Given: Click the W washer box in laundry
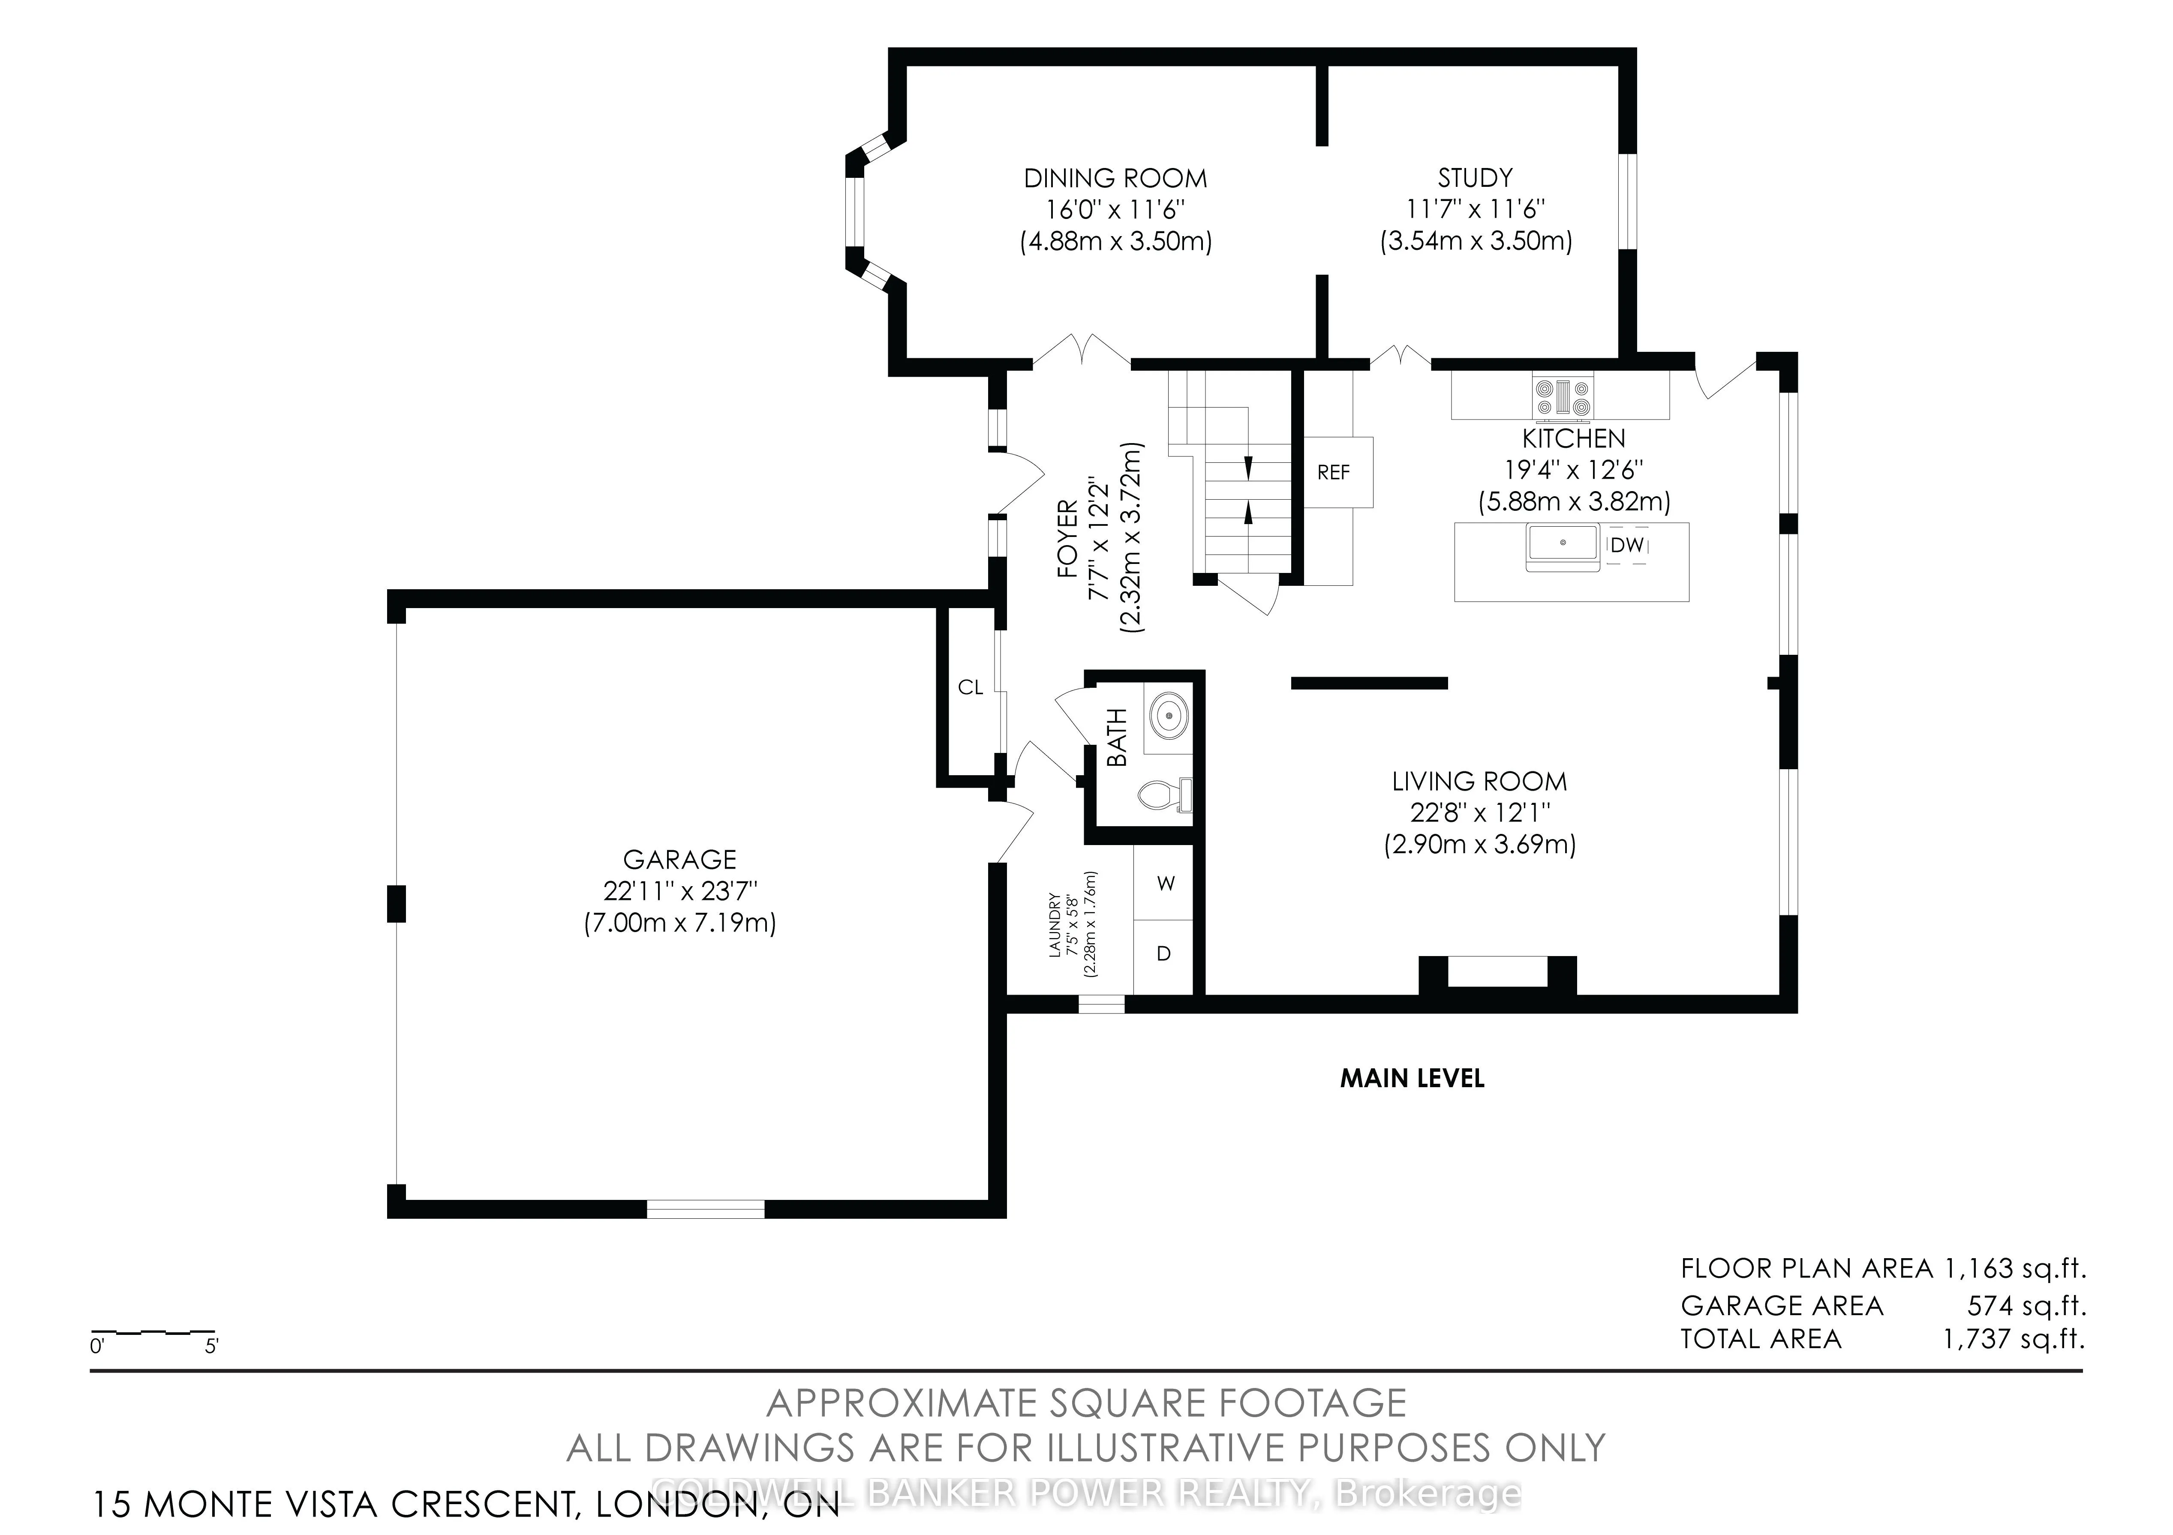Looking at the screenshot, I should [x=1164, y=883].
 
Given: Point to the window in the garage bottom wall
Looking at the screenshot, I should [x=705, y=1209].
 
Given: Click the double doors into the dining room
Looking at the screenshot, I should [x=1081, y=351].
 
